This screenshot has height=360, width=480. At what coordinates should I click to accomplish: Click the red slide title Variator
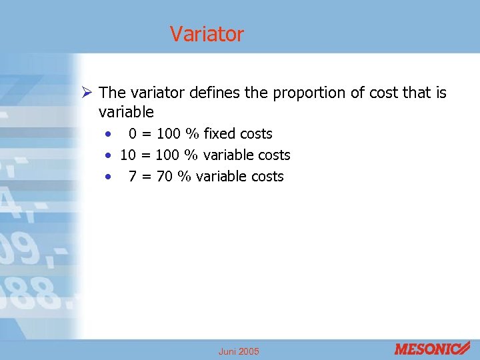[207, 33]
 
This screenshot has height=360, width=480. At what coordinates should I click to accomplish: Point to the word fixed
[219, 133]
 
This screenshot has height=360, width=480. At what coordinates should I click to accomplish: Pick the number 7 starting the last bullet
[132, 176]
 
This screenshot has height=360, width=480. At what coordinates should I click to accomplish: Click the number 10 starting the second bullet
[128, 155]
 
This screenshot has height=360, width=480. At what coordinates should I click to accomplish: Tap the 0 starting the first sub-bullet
[133, 133]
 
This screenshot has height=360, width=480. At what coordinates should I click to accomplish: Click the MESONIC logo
[432, 349]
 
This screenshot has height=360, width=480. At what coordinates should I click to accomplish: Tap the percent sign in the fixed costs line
[193, 133]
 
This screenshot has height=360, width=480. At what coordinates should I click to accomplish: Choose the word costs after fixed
[255, 133]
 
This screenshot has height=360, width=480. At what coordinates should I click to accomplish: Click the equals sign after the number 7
[146, 176]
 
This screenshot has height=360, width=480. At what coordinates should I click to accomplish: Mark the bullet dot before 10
[107, 155]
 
